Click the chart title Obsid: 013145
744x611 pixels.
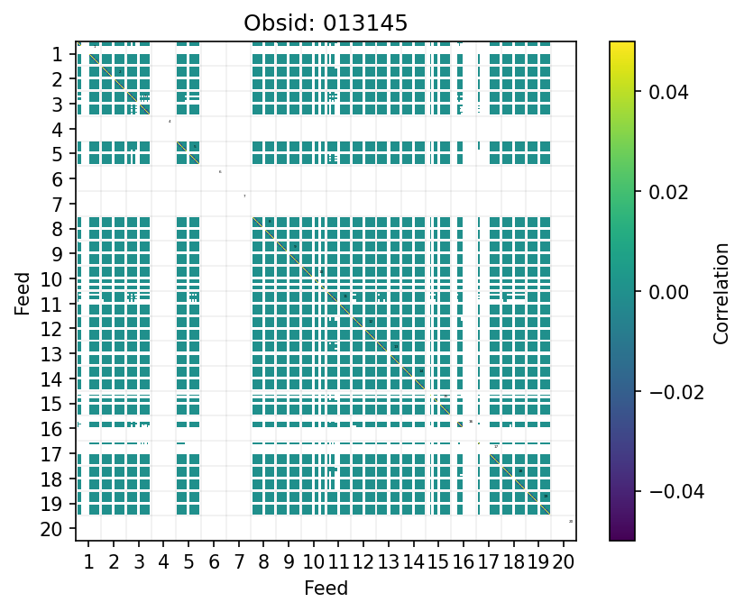[326, 23]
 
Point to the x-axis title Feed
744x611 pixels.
[326, 588]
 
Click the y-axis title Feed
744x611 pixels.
[23, 292]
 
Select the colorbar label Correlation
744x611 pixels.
[721, 292]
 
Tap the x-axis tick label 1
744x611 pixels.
[88, 563]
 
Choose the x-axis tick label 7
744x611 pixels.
[238, 563]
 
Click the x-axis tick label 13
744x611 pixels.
[388, 563]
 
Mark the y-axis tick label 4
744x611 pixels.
[57, 130]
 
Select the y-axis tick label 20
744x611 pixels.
[52, 529]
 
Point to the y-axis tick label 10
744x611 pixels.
[52, 279]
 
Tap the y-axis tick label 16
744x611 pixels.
[52, 429]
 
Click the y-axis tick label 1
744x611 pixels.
[57, 54]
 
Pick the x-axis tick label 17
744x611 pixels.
[488, 563]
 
